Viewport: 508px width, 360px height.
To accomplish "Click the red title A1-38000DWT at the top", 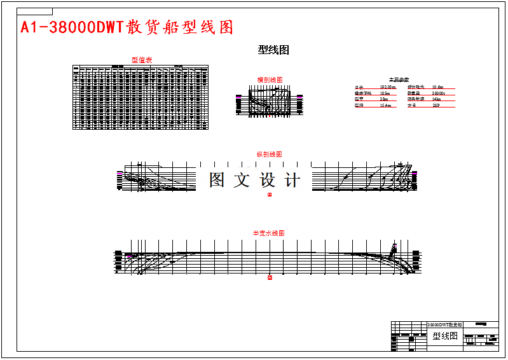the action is point(127,27).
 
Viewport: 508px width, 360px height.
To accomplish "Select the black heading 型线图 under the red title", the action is point(273,50).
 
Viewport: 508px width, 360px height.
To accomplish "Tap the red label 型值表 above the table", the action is point(141,60).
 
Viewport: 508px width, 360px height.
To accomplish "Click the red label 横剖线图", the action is point(270,80).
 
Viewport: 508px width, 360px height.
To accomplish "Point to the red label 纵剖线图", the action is point(269,155).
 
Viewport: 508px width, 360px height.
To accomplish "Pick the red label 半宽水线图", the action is point(269,233).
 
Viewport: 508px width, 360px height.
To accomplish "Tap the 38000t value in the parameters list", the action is point(439,93).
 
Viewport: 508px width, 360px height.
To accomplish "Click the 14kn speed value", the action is point(436,99).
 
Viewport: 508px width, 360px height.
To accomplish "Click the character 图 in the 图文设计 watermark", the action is point(217,180).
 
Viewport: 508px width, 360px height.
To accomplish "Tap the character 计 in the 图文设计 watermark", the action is point(291,180).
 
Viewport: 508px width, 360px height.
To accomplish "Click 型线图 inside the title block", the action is point(445,336).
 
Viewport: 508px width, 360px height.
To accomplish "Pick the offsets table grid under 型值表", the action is point(141,97).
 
